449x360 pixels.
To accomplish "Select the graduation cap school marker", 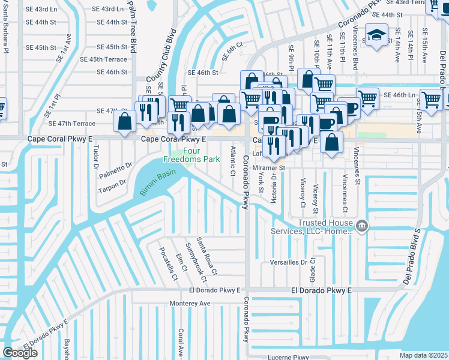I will pos(376,35).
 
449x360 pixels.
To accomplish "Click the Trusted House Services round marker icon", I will pos(362,226).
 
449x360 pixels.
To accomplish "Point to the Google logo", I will pos(20,353).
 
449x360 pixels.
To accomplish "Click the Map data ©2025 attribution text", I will pos(424,355).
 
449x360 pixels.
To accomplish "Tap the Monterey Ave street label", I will pos(190,304).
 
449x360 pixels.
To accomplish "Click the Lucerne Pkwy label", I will pos(289,357).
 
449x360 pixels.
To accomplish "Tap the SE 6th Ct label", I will pos(232,50).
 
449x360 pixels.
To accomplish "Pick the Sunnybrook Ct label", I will pos(196,262).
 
